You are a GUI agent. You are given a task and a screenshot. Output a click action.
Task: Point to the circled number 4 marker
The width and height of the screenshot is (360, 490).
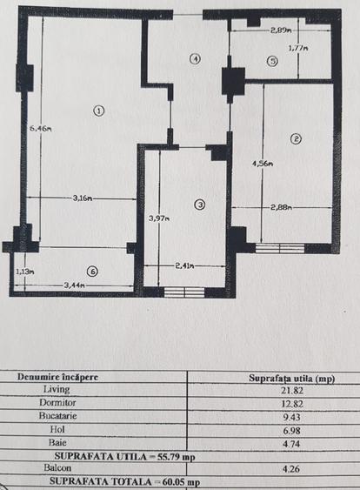pos(196,59)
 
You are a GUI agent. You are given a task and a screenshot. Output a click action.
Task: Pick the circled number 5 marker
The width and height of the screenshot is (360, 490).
pos(272,61)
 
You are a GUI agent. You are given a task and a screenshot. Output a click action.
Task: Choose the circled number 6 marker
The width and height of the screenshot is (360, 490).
pos(92,271)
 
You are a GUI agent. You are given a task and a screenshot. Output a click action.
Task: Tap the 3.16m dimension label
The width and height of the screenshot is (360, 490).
pos(83,199)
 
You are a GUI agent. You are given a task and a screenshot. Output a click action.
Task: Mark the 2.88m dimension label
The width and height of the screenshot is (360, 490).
pos(280,207)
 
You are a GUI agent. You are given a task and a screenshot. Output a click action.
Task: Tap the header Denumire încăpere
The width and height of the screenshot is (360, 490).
pos(58,378)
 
